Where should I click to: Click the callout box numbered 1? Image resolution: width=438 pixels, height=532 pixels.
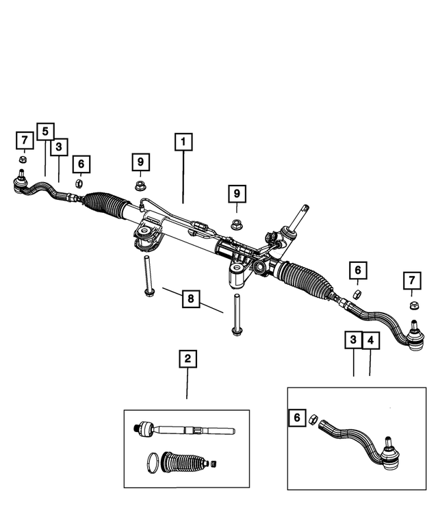click(x=183, y=142)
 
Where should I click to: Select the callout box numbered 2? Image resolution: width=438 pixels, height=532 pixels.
click(x=186, y=358)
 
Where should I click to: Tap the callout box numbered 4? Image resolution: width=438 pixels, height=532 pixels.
click(x=370, y=340)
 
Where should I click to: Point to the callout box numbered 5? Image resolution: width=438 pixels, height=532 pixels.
click(x=45, y=131)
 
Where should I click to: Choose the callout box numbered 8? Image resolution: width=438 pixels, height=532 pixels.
click(x=191, y=299)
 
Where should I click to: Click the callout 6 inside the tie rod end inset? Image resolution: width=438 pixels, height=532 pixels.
click(x=296, y=417)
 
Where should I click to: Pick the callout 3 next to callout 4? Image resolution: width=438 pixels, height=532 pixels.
click(x=353, y=340)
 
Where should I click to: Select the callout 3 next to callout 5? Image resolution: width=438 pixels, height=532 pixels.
click(x=60, y=147)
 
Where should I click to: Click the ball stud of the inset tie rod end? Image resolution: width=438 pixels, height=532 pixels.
click(x=389, y=451)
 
